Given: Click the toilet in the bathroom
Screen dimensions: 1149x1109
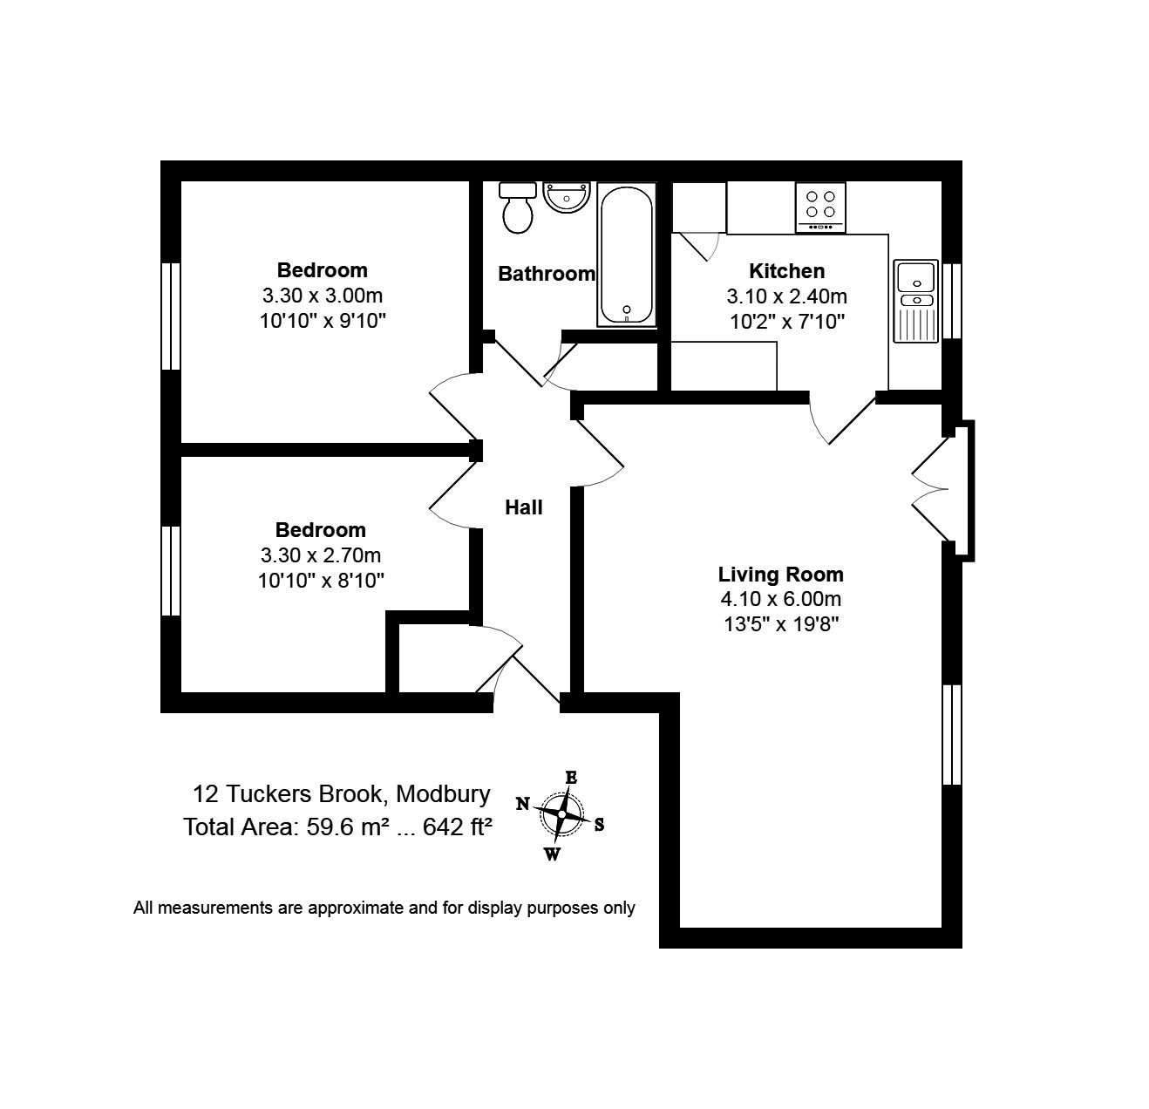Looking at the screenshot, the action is (518, 207).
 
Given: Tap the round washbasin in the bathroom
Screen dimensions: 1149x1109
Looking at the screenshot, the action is (567, 196).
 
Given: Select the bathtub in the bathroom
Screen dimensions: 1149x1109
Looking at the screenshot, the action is (627, 255).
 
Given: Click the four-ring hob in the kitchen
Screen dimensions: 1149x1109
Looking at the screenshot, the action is (820, 208).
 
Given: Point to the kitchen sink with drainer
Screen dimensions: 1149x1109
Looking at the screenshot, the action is (915, 301).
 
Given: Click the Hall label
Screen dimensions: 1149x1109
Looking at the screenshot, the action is (524, 507).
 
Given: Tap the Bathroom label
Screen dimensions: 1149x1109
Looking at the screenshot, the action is (546, 274).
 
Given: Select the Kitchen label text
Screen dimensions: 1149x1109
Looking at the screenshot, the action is (786, 271).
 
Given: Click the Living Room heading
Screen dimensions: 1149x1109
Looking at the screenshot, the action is (780, 574).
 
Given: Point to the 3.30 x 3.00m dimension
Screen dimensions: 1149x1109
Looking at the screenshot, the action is (323, 295).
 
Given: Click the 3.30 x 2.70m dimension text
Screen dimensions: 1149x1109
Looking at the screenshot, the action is (321, 555).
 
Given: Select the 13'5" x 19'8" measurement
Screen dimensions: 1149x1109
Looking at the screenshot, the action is (781, 624).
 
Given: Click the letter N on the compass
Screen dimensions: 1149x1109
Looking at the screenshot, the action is (522, 804).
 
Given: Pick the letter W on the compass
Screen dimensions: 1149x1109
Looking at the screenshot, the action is (552, 854).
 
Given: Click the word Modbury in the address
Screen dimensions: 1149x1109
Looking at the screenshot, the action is (443, 794).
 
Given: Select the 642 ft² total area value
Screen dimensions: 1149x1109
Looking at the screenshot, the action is (458, 827).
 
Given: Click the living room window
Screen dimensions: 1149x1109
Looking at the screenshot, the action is (952, 734).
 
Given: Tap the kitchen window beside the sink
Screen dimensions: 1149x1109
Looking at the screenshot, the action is (952, 301).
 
